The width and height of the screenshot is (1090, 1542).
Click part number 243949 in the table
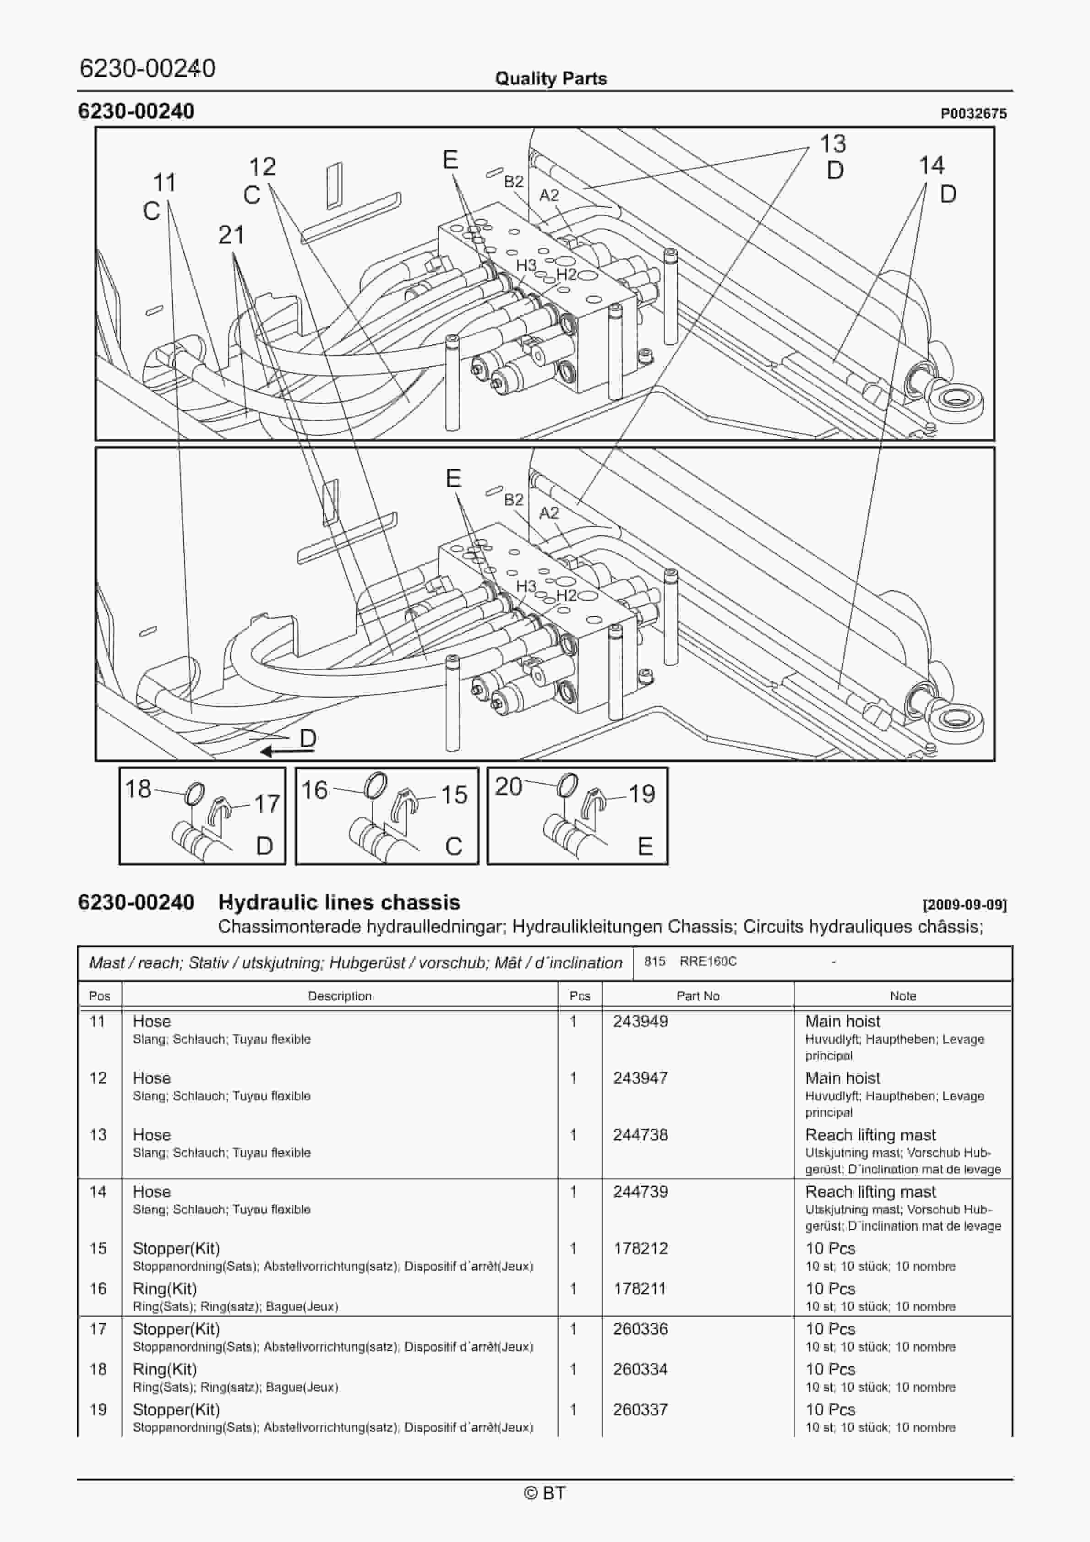click(640, 1021)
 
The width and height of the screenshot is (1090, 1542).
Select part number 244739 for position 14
click(640, 1191)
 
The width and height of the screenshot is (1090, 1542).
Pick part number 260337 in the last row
click(640, 1409)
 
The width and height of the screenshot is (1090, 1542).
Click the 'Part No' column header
click(698, 995)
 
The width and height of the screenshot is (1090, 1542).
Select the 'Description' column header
click(339, 995)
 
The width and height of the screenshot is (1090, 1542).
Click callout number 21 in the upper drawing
click(231, 235)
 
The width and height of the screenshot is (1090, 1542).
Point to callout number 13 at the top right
click(832, 144)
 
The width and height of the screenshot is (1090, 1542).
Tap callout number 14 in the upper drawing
click(932, 165)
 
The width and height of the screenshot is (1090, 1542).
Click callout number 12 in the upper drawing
click(262, 167)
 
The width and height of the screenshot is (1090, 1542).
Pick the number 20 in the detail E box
click(508, 786)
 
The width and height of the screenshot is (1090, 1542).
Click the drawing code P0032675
click(973, 114)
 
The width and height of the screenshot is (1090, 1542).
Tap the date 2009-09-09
click(965, 905)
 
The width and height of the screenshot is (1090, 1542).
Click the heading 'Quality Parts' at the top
click(550, 79)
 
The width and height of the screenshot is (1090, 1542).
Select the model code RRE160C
click(708, 961)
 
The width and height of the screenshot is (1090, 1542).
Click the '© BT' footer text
click(545, 1492)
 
